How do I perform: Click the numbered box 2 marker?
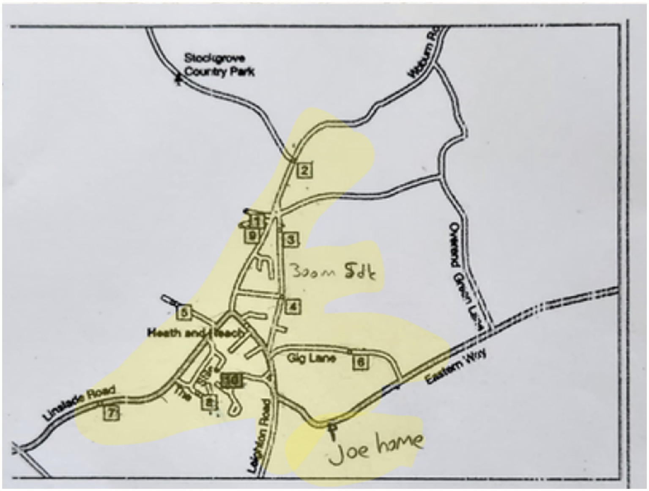coord(304,171)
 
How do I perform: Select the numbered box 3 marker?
coord(291,240)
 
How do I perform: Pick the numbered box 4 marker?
coord(293,306)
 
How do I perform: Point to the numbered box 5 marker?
coord(184,313)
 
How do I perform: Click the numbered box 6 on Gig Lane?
coord(361,362)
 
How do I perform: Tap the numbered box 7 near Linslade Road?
coord(111,412)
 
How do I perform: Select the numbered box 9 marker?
coord(252,235)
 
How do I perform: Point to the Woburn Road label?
coord(424,54)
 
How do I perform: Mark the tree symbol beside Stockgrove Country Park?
coord(178,79)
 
